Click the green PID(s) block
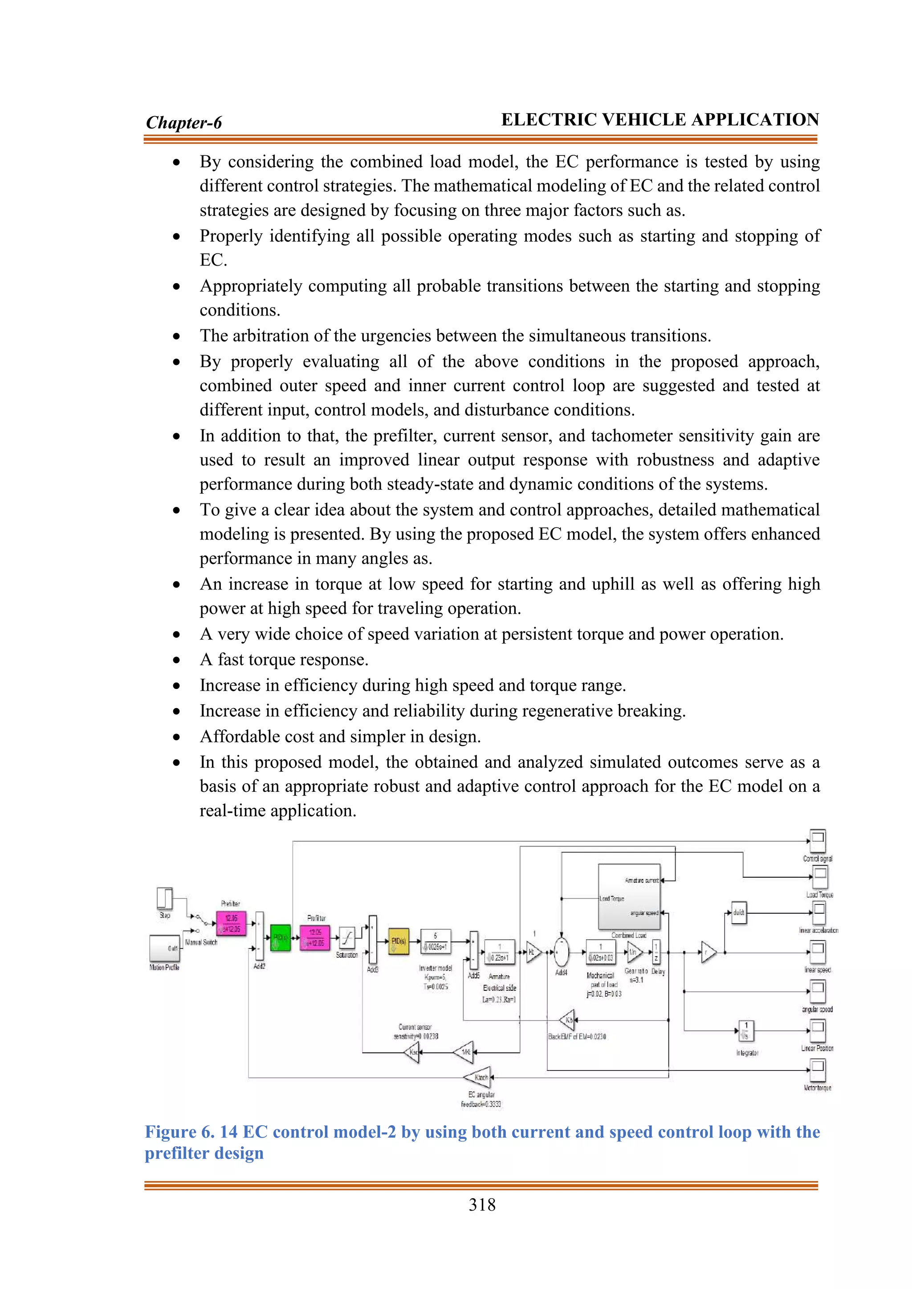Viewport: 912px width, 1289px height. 280,937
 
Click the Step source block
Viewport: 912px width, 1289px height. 164,898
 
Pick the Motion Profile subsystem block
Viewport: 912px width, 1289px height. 164,948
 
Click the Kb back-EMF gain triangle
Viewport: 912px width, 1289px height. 567,1020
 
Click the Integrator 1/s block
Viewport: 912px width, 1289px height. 746,1030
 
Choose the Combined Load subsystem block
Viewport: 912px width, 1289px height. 628,896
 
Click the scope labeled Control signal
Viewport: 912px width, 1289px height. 818,840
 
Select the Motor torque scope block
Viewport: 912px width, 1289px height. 818,1070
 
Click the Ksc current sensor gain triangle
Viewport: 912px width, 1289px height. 413,1052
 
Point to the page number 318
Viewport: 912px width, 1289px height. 482,1205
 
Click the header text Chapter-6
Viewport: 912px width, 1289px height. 183,122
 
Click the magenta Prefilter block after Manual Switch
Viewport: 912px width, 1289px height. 232,924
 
